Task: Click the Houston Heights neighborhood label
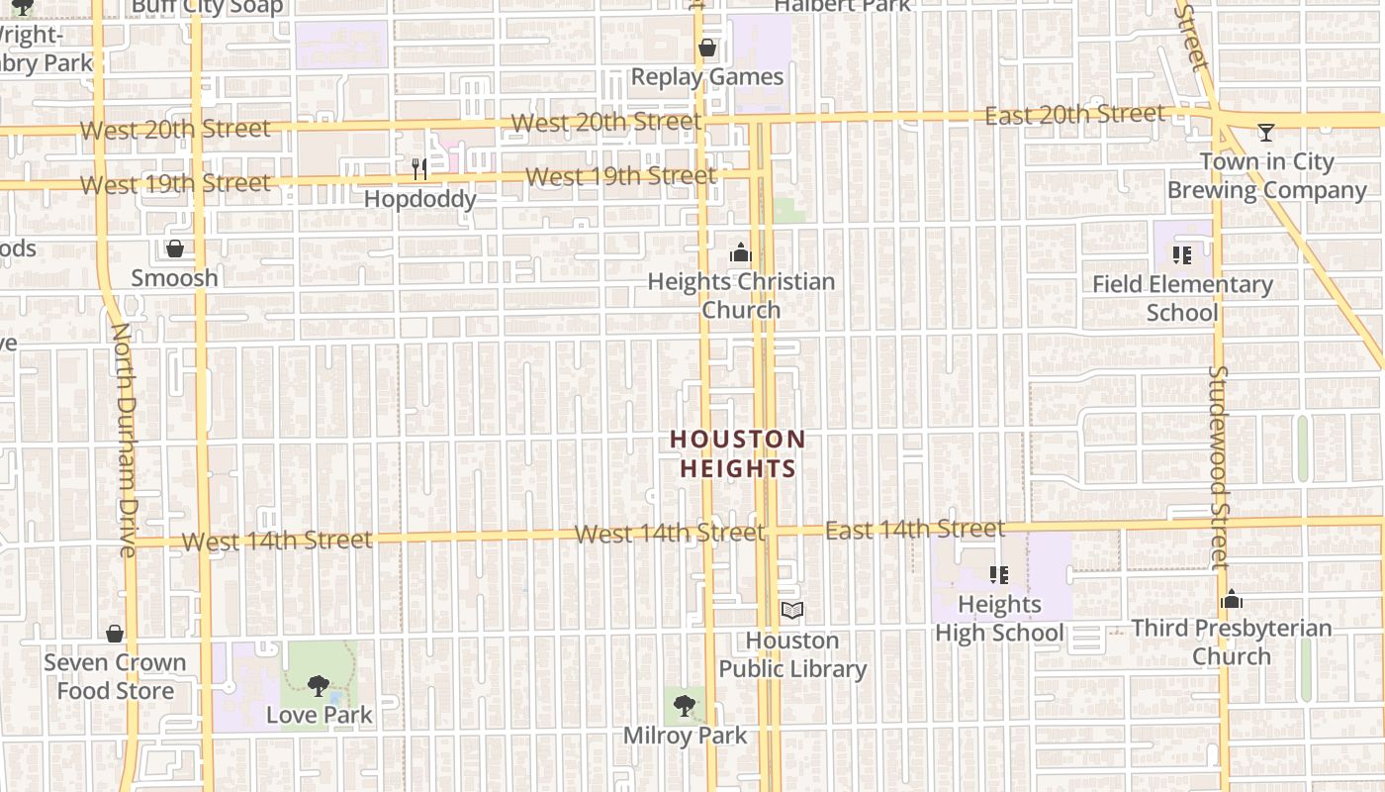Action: pyautogui.click(x=738, y=453)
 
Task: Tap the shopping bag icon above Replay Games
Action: pyautogui.click(x=707, y=48)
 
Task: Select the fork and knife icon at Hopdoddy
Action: pyautogui.click(x=419, y=169)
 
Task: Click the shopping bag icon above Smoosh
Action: pyautogui.click(x=175, y=248)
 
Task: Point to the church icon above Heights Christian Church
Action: pyautogui.click(x=740, y=253)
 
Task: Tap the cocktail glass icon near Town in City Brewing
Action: pyautogui.click(x=1265, y=132)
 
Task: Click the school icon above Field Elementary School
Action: pyautogui.click(x=1181, y=255)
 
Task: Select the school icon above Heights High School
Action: pyautogui.click(x=998, y=575)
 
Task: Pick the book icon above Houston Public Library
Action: pyautogui.click(x=791, y=611)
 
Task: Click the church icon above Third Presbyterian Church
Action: pyautogui.click(x=1232, y=599)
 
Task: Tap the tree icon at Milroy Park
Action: pyautogui.click(x=684, y=706)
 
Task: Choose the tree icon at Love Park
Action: pyautogui.click(x=318, y=685)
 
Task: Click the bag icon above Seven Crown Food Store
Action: pyautogui.click(x=115, y=634)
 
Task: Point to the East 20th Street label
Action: pyautogui.click(x=1074, y=115)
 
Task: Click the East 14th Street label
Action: pyautogui.click(x=915, y=529)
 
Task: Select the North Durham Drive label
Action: pyautogui.click(x=125, y=440)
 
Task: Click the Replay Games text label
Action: pyautogui.click(x=707, y=77)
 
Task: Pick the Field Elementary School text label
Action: pyautogui.click(x=1182, y=298)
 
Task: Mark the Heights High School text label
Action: pyautogui.click(x=999, y=619)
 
